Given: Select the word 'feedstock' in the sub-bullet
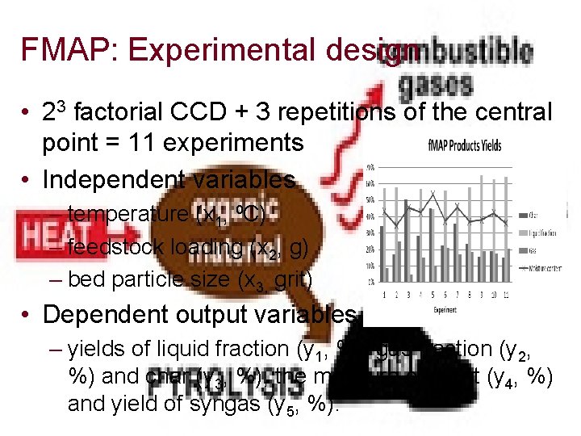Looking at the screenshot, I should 113,248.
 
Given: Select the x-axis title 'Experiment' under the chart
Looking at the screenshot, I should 445,308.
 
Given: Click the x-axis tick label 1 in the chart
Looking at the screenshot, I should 385,294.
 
